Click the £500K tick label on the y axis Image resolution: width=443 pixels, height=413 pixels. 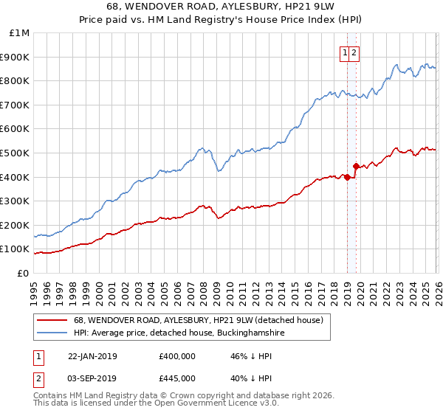click(x=15, y=153)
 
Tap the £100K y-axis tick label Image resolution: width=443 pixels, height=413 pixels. click(x=15, y=249)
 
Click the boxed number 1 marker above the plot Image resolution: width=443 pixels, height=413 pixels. click(x=344, y=52)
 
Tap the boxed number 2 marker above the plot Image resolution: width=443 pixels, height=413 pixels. click(x=354, y=52)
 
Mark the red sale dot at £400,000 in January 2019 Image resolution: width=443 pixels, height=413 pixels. click(x=347, y=177)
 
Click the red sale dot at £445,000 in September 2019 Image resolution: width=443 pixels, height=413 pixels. click(x=355, y=166)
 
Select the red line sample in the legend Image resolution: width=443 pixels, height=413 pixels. click(x=52, y=321)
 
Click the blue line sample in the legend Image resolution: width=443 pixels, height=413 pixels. click(x=52, y=333)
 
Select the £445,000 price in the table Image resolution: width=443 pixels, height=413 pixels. click(x=177, y=378)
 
